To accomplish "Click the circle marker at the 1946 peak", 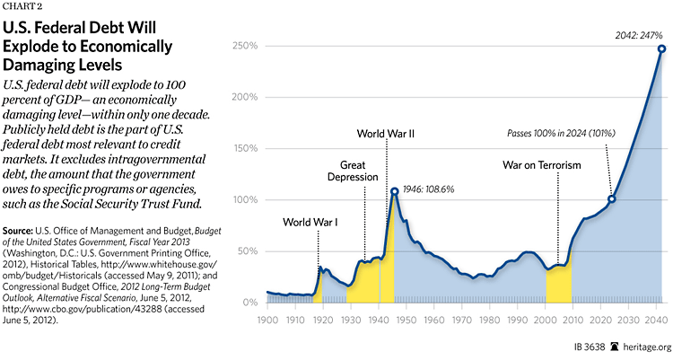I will tap(395, 190).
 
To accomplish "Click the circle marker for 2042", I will tap(661, 48).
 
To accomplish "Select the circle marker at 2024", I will tap(612, 198).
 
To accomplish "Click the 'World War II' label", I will tap(385, 134).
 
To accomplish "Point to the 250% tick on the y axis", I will tap(245, 46).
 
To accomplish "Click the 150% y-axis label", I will tap(245, 148).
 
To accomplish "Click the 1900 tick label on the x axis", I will tap(267, 320).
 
